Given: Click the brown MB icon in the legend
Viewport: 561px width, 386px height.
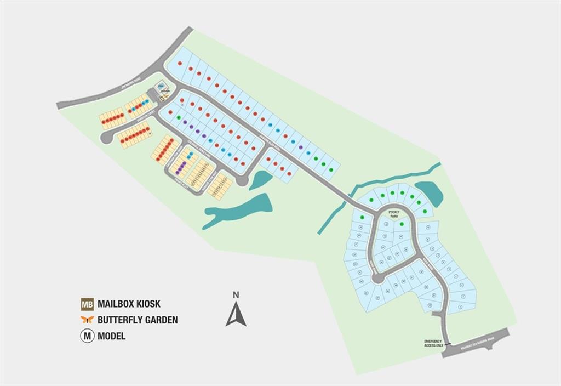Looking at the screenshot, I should point(87,304).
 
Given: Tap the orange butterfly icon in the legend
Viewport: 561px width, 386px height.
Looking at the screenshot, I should point(87,320).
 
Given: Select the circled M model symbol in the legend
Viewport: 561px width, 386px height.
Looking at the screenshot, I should point(87,336).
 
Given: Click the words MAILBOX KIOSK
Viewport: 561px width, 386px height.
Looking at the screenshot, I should point(129,304).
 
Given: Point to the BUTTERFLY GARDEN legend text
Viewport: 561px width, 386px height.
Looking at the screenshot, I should point(138,320).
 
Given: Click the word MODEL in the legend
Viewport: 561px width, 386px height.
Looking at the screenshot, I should point(111,336).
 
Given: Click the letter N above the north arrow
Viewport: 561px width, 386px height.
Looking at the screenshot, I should point(236,295).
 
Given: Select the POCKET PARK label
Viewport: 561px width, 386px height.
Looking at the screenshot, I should point(394,214).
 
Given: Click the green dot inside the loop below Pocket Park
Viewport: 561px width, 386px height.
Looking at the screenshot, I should point(402,224).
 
